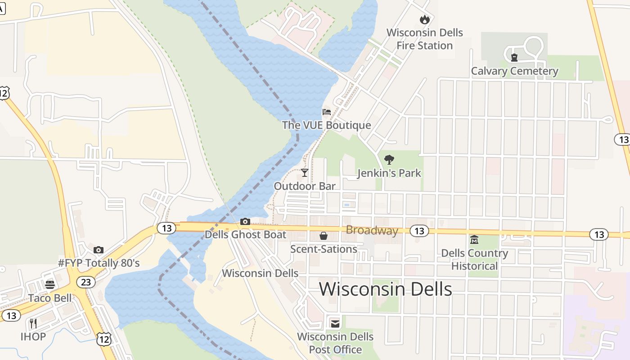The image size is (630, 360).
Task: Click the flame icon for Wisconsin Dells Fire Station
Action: click(x=424, y=19)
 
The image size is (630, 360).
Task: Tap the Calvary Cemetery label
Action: click(x=514, y=71)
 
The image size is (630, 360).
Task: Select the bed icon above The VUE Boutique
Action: click(x=327, y=112)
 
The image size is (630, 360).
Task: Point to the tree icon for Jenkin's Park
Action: click(x=389, y=159)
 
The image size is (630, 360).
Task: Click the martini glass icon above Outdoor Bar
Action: click(x=305, y=172)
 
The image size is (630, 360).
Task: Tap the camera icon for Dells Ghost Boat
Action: click(x=245, y=221)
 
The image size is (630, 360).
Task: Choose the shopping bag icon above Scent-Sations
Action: click(x=323, y=236)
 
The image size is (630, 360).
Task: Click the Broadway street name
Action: click(x=372, y=230)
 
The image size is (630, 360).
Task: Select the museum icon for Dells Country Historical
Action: click(x=474, y=239)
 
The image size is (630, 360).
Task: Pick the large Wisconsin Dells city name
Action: click(x=385, y=289)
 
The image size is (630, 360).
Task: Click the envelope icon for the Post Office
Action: click(x=335, y=324)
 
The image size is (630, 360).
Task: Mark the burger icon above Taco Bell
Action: click(x=50, y=284)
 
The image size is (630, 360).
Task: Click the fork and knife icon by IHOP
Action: click(x=33, y=323)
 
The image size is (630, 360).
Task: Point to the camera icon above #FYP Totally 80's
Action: click(x=99, y=250)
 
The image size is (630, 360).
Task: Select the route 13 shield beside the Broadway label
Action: click(x=419, y=231)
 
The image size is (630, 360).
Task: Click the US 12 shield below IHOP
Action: click(x=104, y=339)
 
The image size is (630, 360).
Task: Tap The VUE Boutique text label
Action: click(x=326, y=125)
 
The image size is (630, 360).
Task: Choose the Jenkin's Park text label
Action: click(x=389, y=173)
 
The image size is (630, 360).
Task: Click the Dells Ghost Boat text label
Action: click(x=245, y=234)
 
